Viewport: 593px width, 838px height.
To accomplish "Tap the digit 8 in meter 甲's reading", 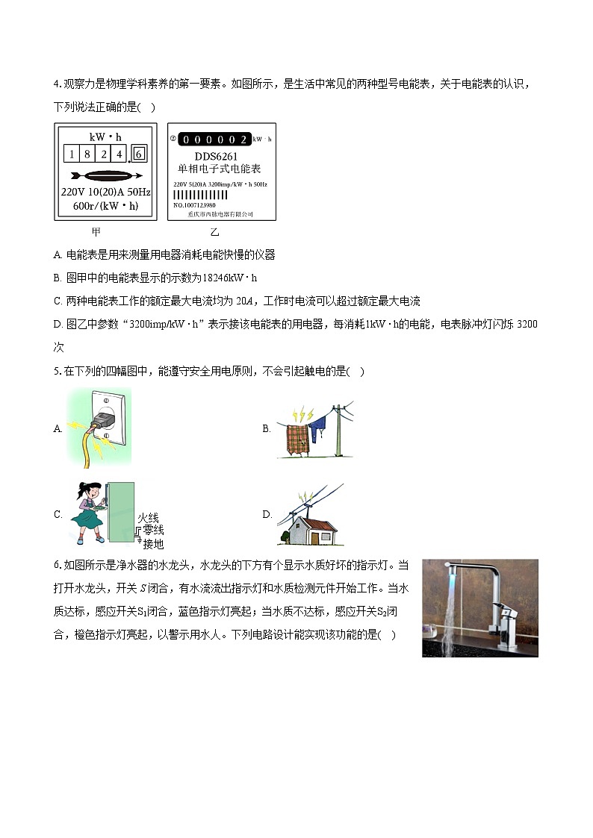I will click(87, 154).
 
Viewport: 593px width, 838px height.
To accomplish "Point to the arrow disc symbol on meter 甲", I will click(105, 176).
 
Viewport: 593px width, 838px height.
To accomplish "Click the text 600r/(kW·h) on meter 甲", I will click(105, 205).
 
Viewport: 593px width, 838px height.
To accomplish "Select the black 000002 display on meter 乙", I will click(215, 140).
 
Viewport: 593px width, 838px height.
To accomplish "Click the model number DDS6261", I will click(217, 156).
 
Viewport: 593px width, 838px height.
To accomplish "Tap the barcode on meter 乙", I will click(200, 194).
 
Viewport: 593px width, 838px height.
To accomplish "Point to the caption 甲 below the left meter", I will click(96, 232).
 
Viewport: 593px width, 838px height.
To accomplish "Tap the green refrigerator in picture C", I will click(121, 513).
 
